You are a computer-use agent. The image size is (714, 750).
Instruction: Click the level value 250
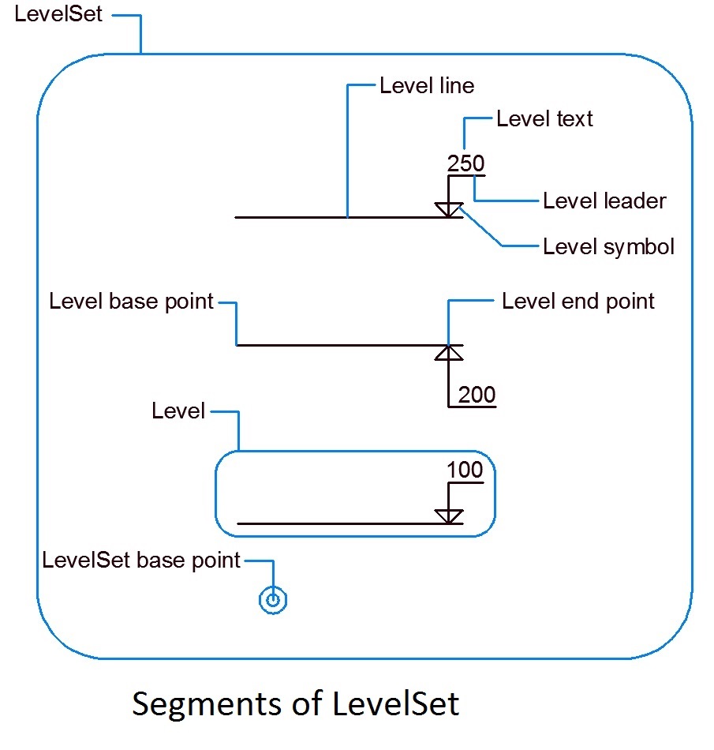click(x=465, y=163)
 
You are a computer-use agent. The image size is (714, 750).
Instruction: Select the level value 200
click(x=477, y=395)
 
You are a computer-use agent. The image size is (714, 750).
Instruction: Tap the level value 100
click(x=465, y=470)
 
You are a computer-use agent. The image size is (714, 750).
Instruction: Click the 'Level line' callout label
click(x=427, y=85)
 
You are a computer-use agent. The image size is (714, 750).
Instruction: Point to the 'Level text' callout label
click(x=544, y=119)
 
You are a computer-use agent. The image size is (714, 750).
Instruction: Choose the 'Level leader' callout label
click(x=604, y=201)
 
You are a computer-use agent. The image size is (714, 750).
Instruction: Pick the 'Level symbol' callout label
click(x=608, y=247)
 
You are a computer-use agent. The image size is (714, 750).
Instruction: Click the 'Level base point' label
click(x=131, y=302)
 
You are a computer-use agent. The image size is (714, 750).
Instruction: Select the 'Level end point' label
click(x=578, y=302)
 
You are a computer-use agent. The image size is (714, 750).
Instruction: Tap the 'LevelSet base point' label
click(x=141, y=561)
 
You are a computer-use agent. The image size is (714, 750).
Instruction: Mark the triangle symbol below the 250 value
click(x=449, y=209)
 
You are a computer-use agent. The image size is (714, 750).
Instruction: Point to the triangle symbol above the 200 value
click(x=449, y=353)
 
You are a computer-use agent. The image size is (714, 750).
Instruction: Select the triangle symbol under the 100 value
click(x=449, y=516)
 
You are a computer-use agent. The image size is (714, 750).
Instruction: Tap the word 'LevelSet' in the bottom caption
click(x=395, y=703)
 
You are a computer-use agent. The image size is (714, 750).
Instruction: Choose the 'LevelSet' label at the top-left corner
click(x=58, y=15)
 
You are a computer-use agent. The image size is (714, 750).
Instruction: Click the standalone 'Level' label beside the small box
click(x=178, y=411)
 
